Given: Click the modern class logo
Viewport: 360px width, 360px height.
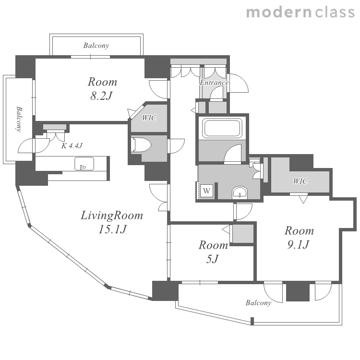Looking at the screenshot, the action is (x=300, y=12).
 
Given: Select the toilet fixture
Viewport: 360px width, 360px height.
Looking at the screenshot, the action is (x=141, y=145).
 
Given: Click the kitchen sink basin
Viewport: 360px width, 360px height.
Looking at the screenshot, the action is (x=84, y=164).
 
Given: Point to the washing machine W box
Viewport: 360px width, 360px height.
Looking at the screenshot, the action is (x=206, y=191).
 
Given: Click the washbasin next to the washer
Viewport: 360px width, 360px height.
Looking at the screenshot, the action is (x=240, y=192).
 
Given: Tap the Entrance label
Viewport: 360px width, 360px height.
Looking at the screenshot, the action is (x=214, y=83).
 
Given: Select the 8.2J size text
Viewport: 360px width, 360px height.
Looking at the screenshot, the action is (x=101, y=96).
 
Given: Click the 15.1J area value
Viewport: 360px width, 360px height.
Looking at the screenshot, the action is (x=112, y=229).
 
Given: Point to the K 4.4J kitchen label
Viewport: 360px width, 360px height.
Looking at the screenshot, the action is (x=72, y=145).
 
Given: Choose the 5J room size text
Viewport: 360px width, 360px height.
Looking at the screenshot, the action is (x=212, y=259).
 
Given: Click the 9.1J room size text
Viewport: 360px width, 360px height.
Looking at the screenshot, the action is (x=298, y=245).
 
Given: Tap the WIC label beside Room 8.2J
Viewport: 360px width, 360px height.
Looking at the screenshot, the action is (x=149, y=118).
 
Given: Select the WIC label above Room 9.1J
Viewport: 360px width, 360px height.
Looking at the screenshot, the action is (x=300, y=181).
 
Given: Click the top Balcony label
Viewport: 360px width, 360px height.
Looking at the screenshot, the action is (x=96, y=46).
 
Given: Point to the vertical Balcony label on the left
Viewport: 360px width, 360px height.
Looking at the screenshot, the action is (x=20, y=119).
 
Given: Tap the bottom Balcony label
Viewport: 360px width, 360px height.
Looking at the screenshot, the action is (x=258, y=303).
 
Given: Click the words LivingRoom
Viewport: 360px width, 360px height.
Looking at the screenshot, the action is (x=112, y=216).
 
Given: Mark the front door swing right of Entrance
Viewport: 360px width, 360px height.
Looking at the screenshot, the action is (x=239, y=83).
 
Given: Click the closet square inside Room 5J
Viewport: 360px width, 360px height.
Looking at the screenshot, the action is (x=243, y=234).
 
